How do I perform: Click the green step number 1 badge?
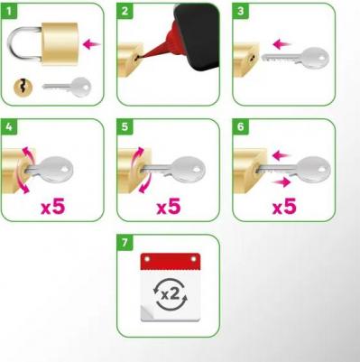[x=9, y=12]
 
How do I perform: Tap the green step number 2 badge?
[x=125, y=12]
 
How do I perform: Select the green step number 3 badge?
[x=241, y=12]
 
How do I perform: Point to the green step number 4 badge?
[x=9, y=127]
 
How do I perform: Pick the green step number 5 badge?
[x=125, y=127]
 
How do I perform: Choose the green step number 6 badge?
[x=241, y=127]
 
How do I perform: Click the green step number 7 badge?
[x=125, y=243]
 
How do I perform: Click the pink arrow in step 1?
[x=92, y=44]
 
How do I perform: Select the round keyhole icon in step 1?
[x=23, y=87]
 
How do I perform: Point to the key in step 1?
[x=67, y=87]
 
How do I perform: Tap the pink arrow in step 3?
[x=282, y=44]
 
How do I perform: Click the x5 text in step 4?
[x=53, y=207]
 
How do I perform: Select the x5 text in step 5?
[x=169, y=207]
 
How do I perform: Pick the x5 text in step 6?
[x=284, y=207]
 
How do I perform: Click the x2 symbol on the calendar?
[x=170, y=294]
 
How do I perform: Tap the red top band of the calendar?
[x=171, y=261]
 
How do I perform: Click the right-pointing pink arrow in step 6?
[x=281, y=181]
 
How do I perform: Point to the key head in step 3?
[x=315, y=57]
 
